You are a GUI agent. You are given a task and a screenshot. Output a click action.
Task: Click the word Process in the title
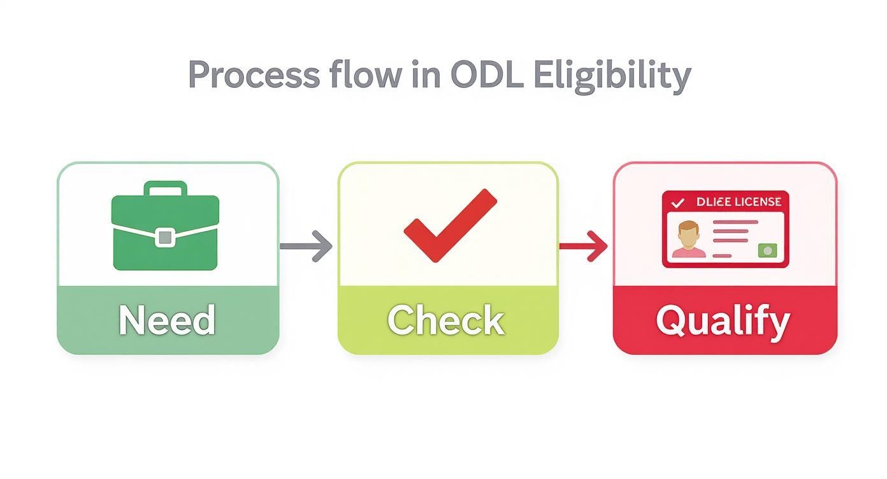coord(254,76)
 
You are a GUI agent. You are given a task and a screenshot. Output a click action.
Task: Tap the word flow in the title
coord(365,76)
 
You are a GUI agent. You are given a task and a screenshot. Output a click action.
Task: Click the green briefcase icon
coord(165,229)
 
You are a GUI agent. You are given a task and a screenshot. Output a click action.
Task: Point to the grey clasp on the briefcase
coord(165,237)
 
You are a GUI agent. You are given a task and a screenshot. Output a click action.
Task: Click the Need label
coord(168,320)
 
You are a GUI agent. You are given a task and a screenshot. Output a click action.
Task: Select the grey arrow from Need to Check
coord(306,246)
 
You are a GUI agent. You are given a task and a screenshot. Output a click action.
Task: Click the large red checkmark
coord(450,224)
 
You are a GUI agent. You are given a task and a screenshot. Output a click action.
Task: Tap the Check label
coord(446,320)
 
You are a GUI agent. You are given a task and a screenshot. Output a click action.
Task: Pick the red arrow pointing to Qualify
coord(583,246)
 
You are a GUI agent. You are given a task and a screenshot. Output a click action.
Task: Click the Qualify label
coord(723,320)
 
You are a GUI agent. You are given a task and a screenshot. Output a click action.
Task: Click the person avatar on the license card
coord(688,240)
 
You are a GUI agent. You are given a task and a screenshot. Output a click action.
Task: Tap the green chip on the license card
coord(767,250)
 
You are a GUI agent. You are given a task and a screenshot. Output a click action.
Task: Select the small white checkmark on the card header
coord(678,203)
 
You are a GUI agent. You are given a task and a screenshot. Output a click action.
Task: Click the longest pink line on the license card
coord(735,222)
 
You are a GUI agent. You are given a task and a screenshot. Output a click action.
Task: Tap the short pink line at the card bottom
coord(721,255)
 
